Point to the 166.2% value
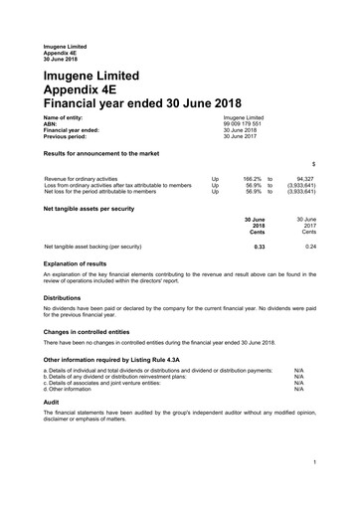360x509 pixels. pos(253,178)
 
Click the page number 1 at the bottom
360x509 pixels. pos(313,462)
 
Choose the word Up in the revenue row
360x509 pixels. pos(215,178)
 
